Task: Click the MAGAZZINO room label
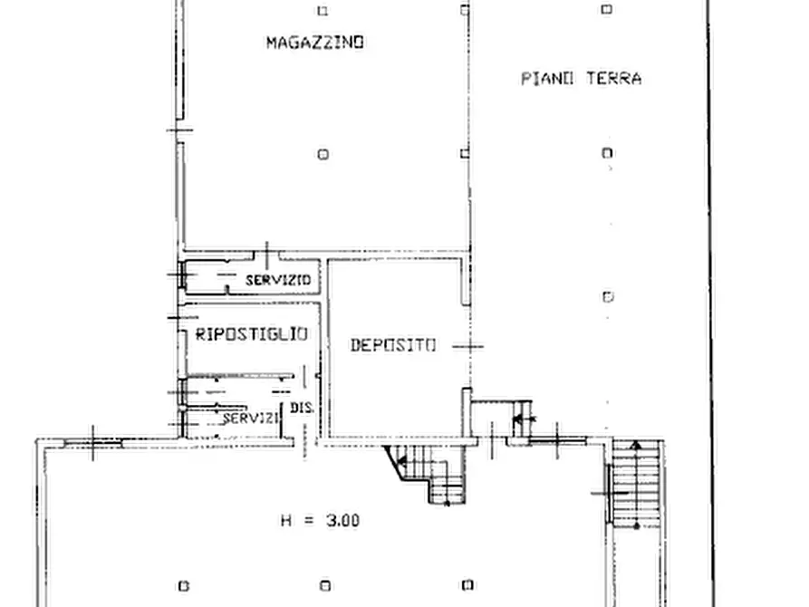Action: pos(315,43)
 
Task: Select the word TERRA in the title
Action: pos(614,79)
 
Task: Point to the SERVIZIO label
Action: pos(278,280)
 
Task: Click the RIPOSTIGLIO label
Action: pos(252,334)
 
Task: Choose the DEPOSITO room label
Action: pos(393,345)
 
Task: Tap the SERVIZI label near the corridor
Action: pos(251,418)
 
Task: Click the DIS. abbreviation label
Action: pos(302,408)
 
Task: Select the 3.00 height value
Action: pos(342,520)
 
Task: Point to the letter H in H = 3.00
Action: pos(286,520)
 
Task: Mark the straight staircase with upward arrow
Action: pos(636,484)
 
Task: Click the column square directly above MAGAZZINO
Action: pos(323,10)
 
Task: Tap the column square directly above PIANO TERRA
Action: pos(607,9)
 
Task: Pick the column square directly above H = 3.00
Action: pos(325,585)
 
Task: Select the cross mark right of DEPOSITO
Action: pos(468,346)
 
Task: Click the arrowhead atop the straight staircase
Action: pos(637,445)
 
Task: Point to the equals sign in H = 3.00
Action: pos(309,521)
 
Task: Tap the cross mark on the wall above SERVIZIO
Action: pos(266,255)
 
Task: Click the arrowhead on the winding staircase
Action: pos(402,461)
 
